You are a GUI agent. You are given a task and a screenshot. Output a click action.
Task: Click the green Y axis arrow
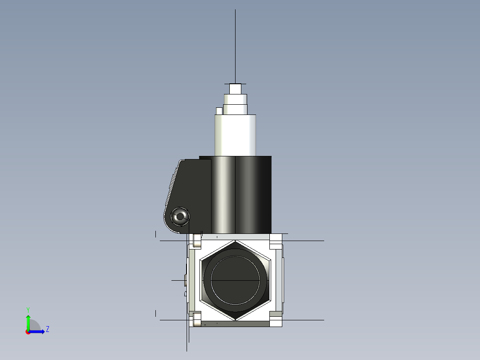point(28,321)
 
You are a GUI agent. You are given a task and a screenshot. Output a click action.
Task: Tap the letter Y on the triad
point(28,309)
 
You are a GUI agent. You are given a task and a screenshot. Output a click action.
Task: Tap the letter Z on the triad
point(47,329)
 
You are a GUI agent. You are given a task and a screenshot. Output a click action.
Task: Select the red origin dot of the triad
point(28,332)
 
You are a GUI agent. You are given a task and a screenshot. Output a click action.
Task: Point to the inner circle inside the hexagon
point(235,280)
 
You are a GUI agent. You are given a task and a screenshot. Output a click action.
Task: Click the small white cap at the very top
point(235,89)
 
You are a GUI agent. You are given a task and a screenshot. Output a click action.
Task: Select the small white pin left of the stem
point(219,111)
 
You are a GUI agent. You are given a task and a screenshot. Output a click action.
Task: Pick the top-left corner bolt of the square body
point(196,241)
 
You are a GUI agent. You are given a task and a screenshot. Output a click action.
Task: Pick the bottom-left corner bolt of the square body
point(196,319)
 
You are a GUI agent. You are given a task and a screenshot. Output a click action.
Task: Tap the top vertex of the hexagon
point(235,241)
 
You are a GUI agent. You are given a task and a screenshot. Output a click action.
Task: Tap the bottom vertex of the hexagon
point(235,319)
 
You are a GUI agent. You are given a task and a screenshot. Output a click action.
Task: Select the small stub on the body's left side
point(185,281)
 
